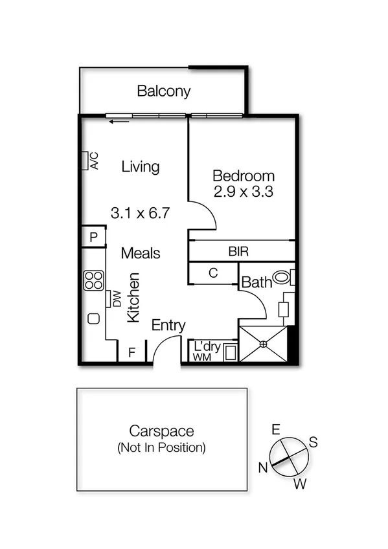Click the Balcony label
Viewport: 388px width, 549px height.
164,91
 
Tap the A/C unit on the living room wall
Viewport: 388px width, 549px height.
86,161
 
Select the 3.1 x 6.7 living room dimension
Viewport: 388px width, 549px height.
141,212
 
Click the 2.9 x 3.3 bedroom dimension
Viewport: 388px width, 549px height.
244,192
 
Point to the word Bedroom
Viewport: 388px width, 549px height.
244,175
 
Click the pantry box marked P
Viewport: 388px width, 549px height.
93,238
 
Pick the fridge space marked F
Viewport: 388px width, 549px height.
131,353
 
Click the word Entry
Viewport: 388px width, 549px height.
168,326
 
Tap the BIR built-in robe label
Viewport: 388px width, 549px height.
238,251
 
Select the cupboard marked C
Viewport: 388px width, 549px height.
212,273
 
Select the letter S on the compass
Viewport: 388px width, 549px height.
313,442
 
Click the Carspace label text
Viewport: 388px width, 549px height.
161,431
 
